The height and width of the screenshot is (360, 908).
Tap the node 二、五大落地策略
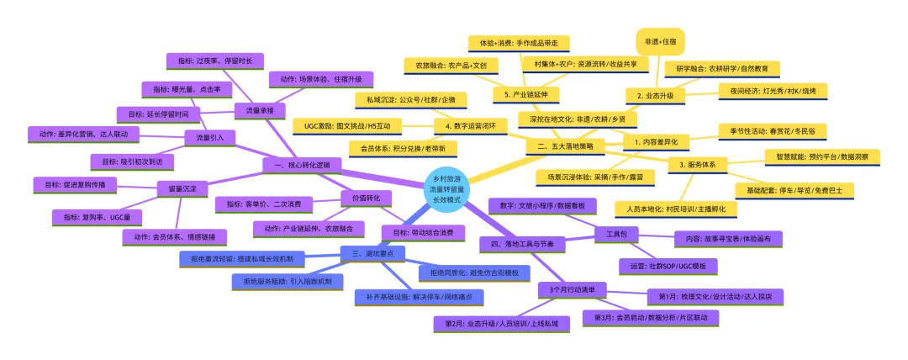[x=564, y=146]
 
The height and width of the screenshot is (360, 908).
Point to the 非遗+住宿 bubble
[x=660, y=40]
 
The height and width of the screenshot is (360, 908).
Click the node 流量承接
[x=259, y=109]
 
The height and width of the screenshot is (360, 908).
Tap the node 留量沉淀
[x=182, y=190]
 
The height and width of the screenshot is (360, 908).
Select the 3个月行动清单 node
[x=572, y=290]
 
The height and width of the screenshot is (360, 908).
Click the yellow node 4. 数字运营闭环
[x=470, y=127]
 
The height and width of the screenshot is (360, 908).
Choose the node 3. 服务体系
[x=697, y=164]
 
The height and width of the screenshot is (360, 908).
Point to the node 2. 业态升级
[x=656, y=96]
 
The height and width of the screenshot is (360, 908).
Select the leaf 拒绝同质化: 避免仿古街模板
[x=475, y=273]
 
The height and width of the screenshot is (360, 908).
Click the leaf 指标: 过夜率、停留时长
[x=215, y=61]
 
